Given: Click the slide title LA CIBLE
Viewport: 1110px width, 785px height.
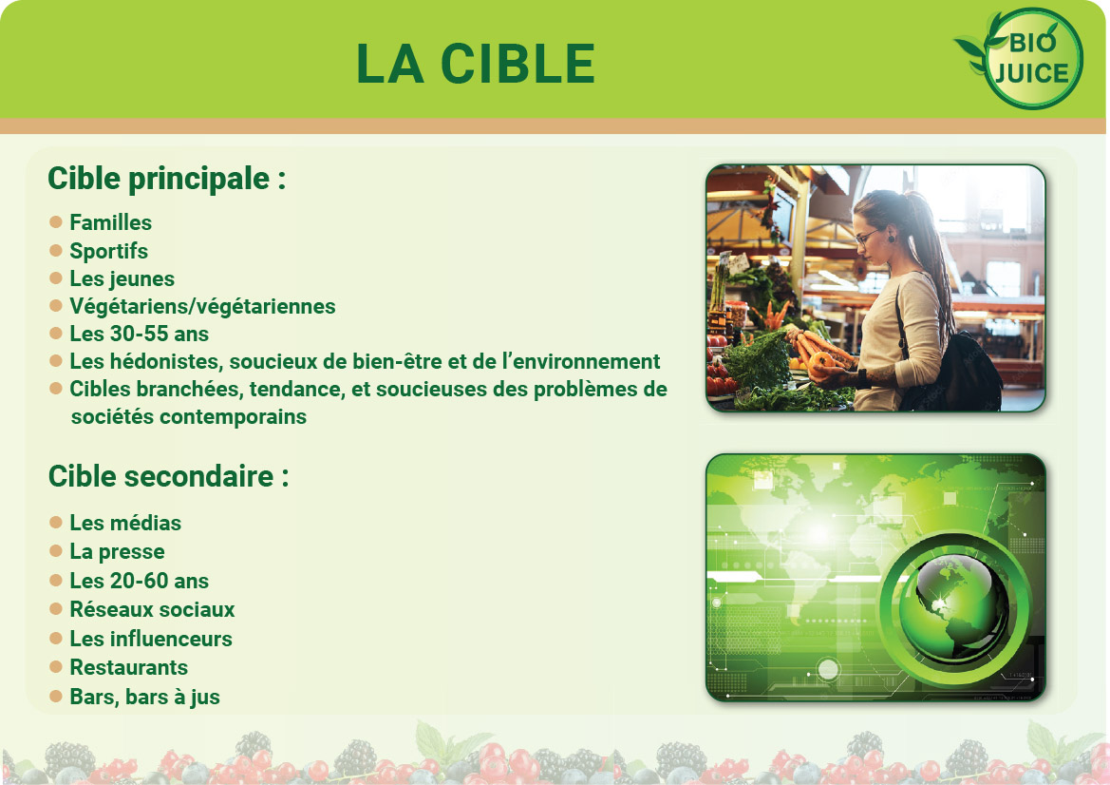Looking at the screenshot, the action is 476,64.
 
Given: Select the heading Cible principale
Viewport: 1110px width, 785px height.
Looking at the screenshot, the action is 166,180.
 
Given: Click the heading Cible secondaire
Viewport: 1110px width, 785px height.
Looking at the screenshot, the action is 168,476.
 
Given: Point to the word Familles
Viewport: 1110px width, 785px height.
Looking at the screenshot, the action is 110,222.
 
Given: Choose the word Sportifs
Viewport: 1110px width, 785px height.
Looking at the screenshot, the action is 108,251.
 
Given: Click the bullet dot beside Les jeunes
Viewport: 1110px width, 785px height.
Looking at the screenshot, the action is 56,278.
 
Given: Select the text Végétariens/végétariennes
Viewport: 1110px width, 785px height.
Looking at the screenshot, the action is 202,306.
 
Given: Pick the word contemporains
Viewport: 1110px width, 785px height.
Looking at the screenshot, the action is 233,416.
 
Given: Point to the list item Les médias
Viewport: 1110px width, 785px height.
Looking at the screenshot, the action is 125,523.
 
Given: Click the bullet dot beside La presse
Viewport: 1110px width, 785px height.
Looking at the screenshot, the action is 56,551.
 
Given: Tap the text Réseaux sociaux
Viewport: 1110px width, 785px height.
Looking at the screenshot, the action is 152,609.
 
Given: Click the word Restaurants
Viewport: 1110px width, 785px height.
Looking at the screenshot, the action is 129,667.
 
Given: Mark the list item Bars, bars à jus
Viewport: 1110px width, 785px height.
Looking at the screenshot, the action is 144,698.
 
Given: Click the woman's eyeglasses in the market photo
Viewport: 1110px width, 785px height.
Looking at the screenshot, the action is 867,237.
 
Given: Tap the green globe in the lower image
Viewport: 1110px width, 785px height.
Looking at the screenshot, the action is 953,607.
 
